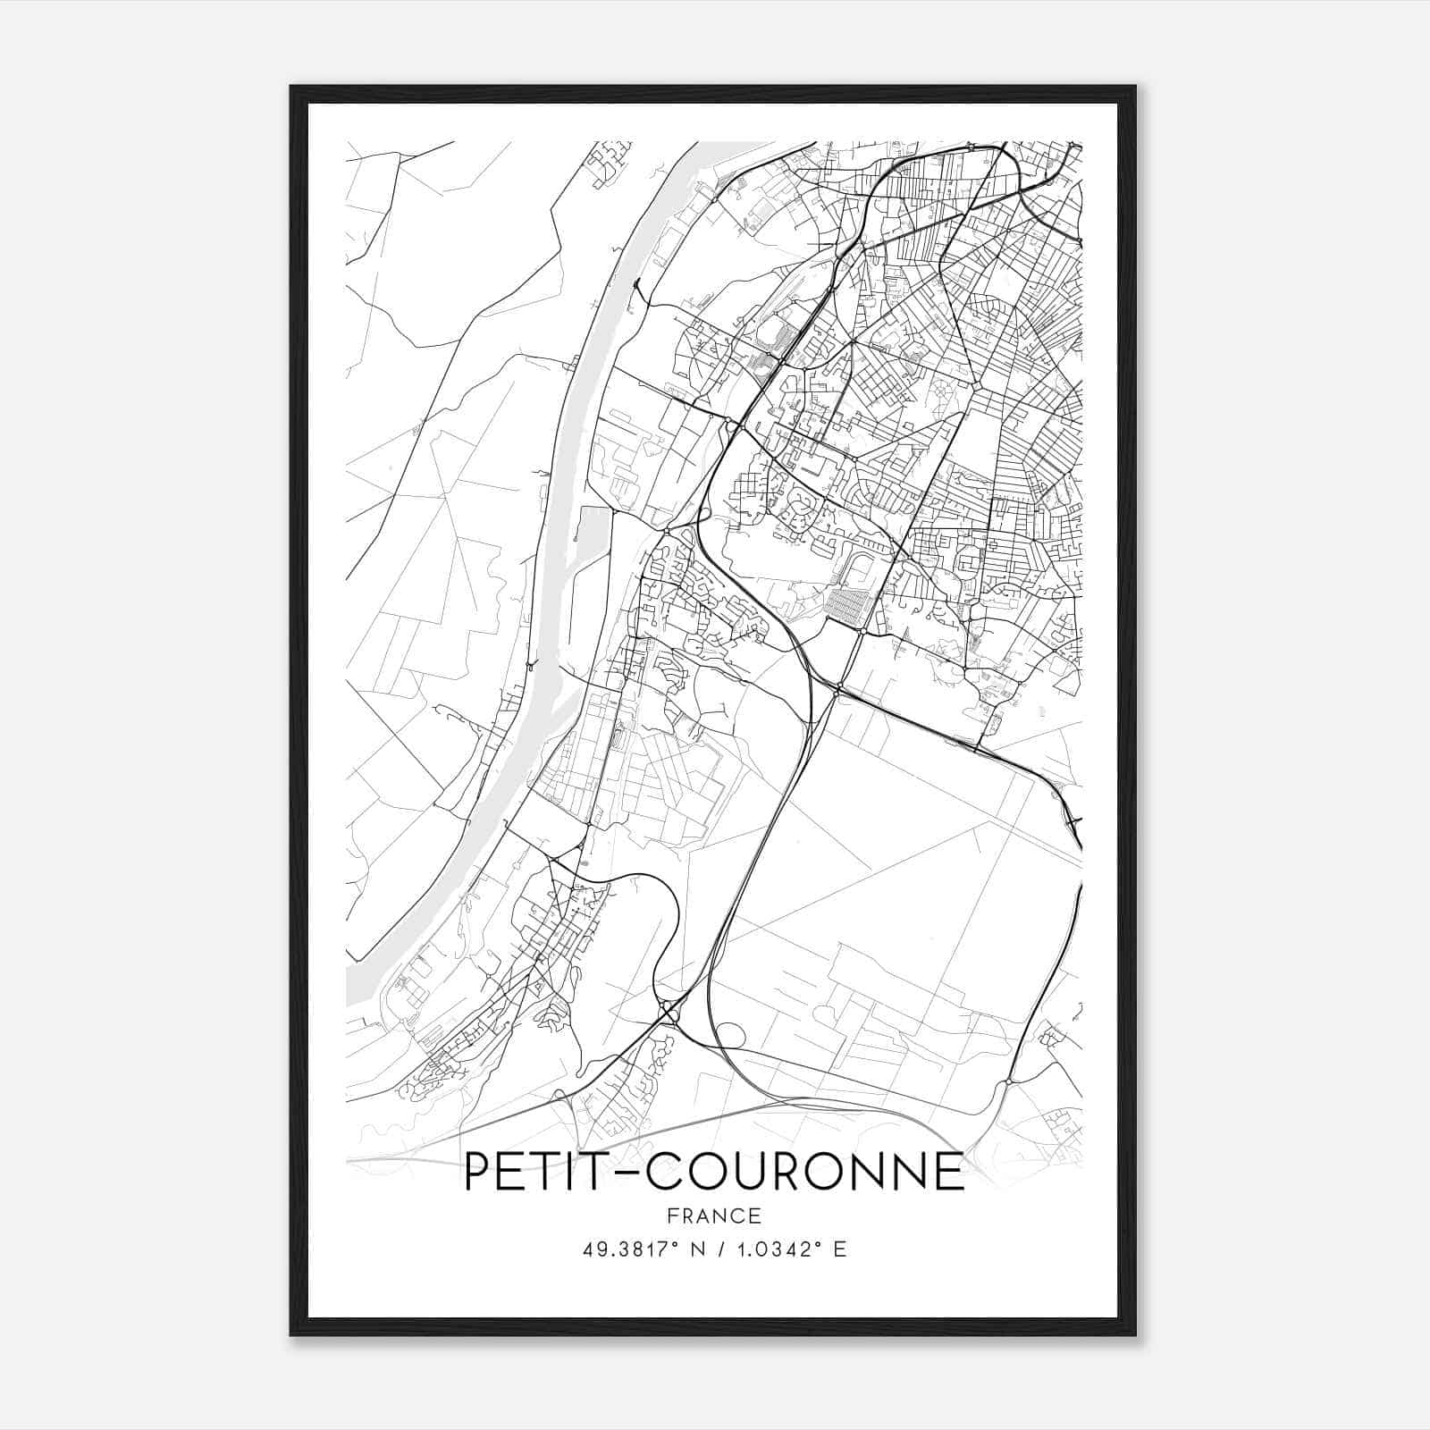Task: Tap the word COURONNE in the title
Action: point(805,1172)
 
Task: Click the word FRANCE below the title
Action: point(713,1215)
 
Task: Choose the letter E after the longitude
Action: point(838,1249)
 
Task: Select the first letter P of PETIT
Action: point(477,1172)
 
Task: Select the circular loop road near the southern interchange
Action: point(731,1035)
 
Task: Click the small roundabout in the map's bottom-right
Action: point(1007,1082)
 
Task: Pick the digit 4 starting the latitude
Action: point(587,1249)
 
